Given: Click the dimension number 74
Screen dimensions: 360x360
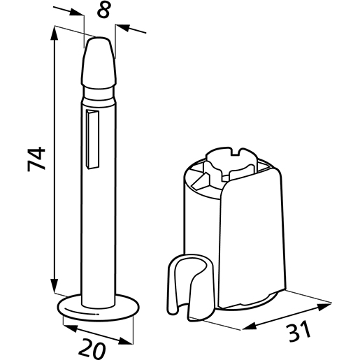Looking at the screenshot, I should pyautogui.click(x=36, y=159).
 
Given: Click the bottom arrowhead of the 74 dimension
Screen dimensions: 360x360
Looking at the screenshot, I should pyautogui.click(x=54, y=289).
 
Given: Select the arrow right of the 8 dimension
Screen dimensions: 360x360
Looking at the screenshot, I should pyautogui.click(x=123, y=27).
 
